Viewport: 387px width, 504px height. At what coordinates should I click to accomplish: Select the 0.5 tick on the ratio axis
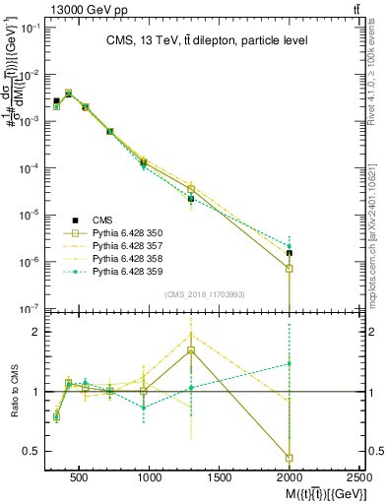click(x=33, y=452)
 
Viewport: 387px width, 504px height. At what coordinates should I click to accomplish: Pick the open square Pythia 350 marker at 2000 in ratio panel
click(x=290, y=458)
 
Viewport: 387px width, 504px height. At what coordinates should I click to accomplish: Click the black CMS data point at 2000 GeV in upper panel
click(x=290, y=253)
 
